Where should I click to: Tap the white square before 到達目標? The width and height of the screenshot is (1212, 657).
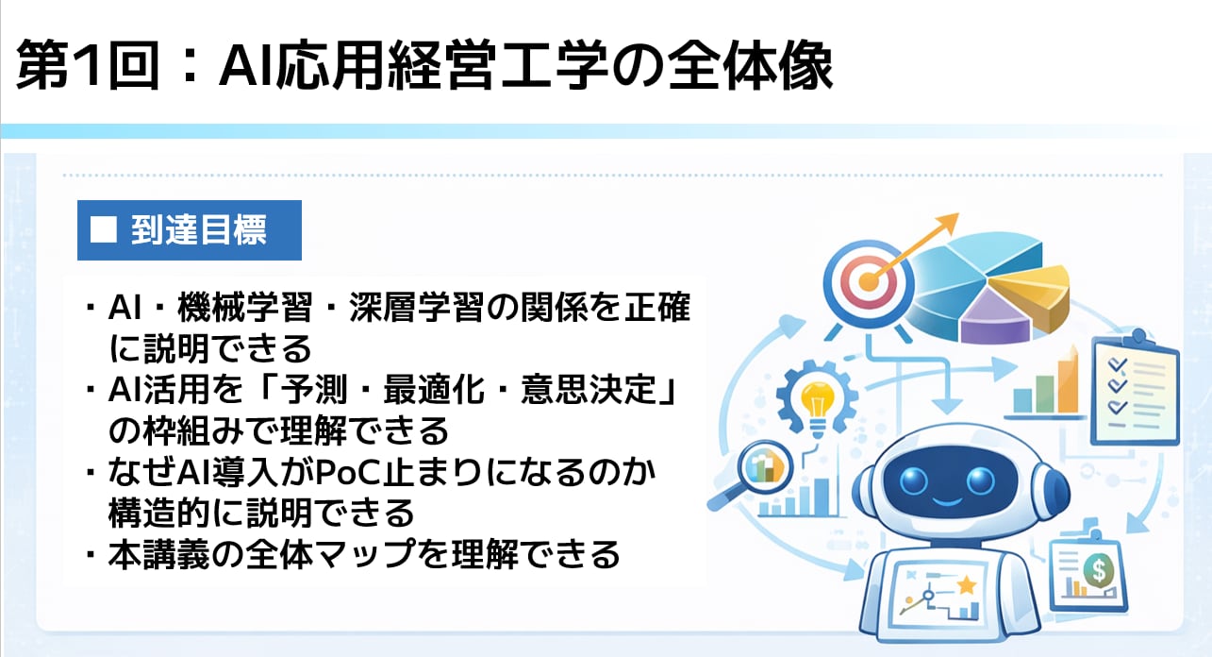(x=104, y=229)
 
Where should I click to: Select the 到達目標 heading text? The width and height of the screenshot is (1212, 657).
(x=199, y=229)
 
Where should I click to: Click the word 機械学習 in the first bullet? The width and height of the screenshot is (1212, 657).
(x=244, y=307)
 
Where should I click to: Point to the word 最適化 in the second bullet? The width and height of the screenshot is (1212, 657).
(x=434, y=389)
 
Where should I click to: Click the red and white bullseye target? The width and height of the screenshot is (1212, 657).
(x=869, y=283)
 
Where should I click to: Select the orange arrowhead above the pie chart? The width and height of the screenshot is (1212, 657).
(x=947, y=223)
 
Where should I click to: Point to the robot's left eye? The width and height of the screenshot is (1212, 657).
(x=914, y=480)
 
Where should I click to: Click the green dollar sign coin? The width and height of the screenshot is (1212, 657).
(x=1099, y=568)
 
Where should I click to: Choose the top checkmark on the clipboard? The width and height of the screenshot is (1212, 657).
(x=1117, y=364)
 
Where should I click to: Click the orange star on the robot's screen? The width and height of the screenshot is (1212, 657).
(x=966, y=585)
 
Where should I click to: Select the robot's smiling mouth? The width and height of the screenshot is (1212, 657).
(x=947, y=500)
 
